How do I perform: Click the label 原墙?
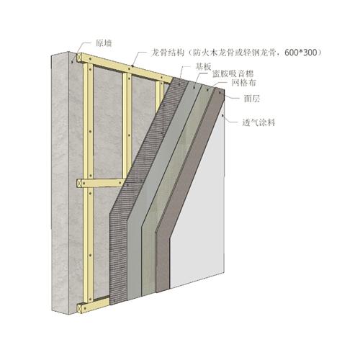pos(104,43)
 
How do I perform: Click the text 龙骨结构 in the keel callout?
pos(167,53)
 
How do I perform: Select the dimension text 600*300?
pos(301,53)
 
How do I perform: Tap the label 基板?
pos(203,66)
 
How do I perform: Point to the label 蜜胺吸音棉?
pos(233,74)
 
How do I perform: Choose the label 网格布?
pos(243,83)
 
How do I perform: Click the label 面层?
pos(252,99)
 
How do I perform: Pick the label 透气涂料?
pos(258,122)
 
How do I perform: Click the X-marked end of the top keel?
pos(79,58)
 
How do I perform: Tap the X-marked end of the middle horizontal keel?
pos(79,184)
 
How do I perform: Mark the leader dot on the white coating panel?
pos(223,116)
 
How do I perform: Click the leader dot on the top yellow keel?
pos(132,66)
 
